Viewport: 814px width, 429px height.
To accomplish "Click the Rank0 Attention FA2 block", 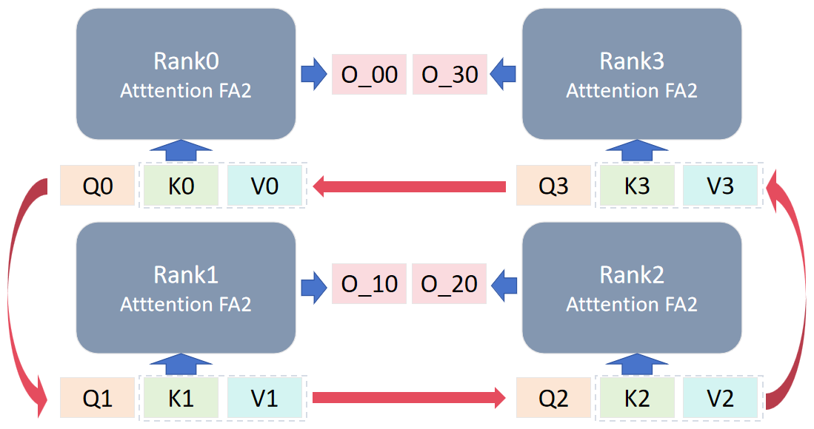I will tap(186, 74).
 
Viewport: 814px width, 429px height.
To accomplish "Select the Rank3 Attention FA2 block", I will tap(632, 74).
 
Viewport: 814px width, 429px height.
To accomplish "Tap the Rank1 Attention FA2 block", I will tap(186, 288).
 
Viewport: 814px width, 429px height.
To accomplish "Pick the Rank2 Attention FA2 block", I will tap(632, 288).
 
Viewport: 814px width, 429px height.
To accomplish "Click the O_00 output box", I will tap(369, 74).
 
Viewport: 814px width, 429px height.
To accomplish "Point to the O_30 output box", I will tap(450, 74).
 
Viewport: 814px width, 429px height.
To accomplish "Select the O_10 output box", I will tap(369, 283).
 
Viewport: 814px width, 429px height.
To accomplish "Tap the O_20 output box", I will tap(450, 283).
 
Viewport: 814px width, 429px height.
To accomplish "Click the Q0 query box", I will tap(98, 185).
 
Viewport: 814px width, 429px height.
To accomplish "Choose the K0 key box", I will tap(181, 185).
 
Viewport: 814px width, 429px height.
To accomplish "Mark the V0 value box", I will tap(264, 185).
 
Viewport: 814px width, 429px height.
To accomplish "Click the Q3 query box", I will tap(553, 185).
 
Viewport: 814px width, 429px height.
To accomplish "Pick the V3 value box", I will tap(720, 185).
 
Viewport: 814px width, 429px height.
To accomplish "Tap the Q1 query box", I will tap(98, 399).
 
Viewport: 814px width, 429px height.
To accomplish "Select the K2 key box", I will tap(637, 399).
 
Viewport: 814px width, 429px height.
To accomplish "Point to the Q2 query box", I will tap(553, 399).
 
